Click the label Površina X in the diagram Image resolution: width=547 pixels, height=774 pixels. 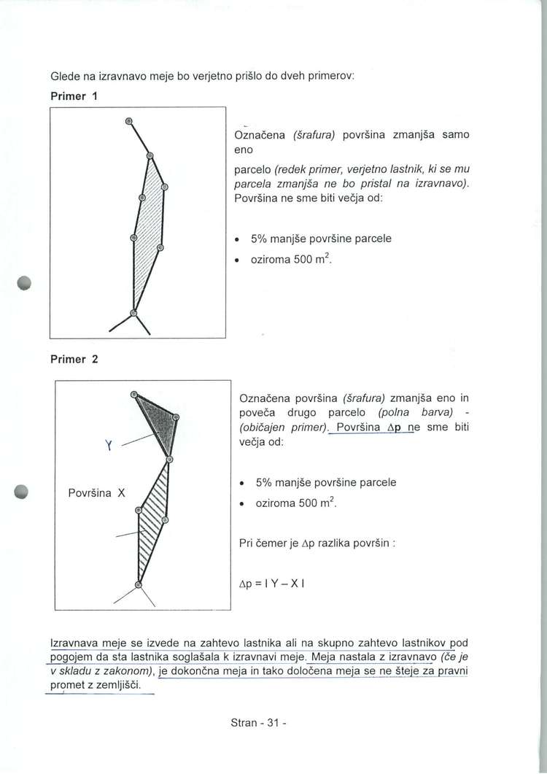click(98, 492)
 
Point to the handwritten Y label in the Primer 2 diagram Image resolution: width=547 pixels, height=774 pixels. click(107, 444)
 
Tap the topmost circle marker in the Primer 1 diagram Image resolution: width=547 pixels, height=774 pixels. click(128, 120)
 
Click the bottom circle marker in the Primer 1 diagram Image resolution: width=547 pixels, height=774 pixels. click(133, 314)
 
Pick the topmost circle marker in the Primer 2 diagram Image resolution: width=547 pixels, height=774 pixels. click(134, 395)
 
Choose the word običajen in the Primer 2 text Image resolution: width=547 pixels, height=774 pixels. click(265, 427)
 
